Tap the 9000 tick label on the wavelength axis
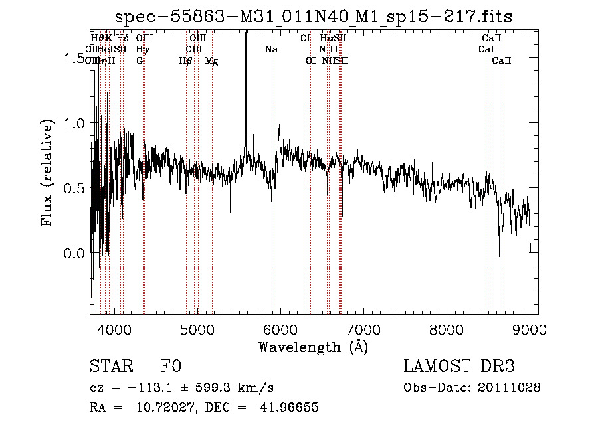tap(530, 329)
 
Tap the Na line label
tap(271, 50)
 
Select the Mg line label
tap(211, 61)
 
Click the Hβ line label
tap(185, 61)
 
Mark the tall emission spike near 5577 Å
tap(246, 80)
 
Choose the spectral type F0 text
tap(170, 367)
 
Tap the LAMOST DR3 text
tap(458, 367)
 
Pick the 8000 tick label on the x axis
tap(447, 329)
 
